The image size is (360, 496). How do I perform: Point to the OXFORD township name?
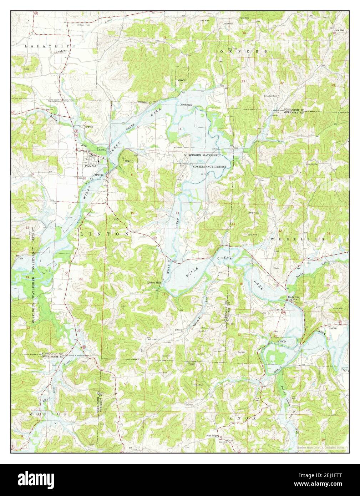244,51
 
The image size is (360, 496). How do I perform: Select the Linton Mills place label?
155,282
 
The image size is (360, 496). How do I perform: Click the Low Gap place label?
340,30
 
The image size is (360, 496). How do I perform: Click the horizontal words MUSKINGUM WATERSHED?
202,156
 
